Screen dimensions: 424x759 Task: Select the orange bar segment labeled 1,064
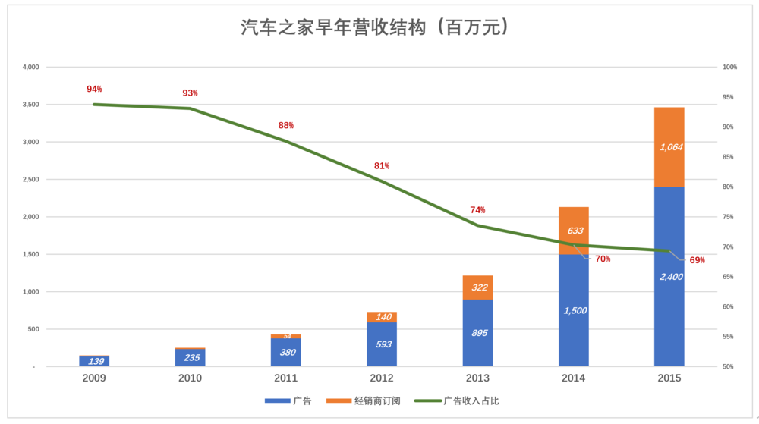pyautogui.click(x=669, y=147)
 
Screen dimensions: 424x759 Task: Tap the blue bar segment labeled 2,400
pyautogui.click(x=669, y=277)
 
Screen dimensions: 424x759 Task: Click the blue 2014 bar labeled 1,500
pyautogui.click(x=574, y=310)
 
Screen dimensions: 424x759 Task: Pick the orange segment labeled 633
pyautogui.click(x=574, y=231)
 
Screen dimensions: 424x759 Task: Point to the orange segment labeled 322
pyautogui.click(x=478, y=287)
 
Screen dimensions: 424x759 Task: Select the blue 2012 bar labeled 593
pyautogui.click(x=382, y=344)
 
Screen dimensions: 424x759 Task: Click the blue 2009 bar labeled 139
pyautogui.click(x=94, y=362)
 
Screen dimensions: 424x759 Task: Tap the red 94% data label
pyautogui.click(x=94, y=89)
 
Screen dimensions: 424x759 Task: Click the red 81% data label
pyautogui.click(x=381, y=165)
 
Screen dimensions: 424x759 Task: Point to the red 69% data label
pyautogui.click(x=697, y=260)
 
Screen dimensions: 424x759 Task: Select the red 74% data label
pyautogui.click(x=477, y=210)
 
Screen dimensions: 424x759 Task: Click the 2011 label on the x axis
pyautogui.click(x=286, y=378)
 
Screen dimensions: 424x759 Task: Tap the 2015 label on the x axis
pyautogui.click(x=669, y=378)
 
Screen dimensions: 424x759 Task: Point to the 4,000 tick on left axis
pyautogui.click(x=30, y=68)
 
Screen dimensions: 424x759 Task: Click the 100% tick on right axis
pyautogui.click(x=729, y=68)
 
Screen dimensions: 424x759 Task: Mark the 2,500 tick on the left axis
pyautogui.click(x=30, y=180)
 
